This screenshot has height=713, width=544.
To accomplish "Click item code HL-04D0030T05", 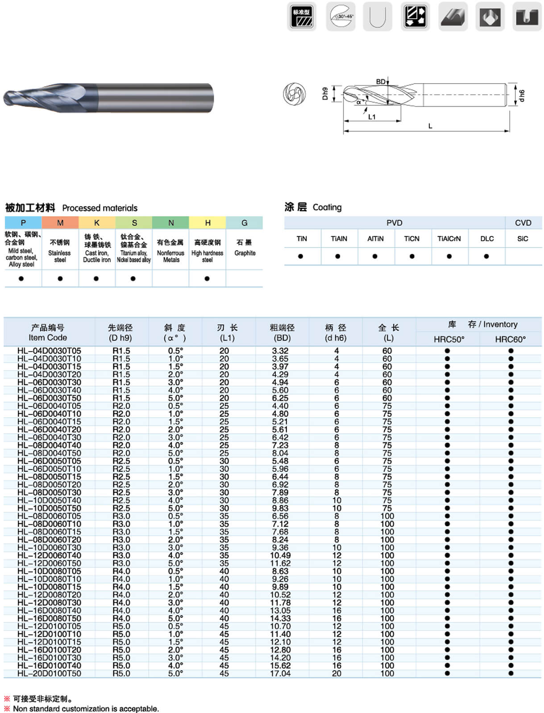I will pyautogui.click(x=49, y=351).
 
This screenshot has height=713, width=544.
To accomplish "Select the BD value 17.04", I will pyautogui.click(x=280, y=673).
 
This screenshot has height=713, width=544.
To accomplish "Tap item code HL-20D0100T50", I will pyautogui.click(x=49, y=673).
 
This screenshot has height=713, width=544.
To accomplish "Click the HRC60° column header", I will pyautogui.click(x=510, y=340).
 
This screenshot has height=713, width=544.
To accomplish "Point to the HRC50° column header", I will pyautogui.click(x=448, y=340).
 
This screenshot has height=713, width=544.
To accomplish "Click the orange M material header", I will pyautogui.click(x=60, y=223).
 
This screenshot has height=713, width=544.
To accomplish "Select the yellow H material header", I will pyautogui.click(x=208, y=223).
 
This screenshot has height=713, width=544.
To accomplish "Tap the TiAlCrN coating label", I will pyautogui.click(x=449, y=239).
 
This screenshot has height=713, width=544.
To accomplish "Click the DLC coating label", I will pyautogui.click(x=487, y=239).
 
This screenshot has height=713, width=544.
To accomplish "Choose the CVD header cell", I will pyautogui.click(x=523, y=223).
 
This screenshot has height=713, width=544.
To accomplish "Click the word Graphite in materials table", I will pyautogui.click(x=245, y=253).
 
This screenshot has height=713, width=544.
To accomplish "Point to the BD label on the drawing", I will pyautogui.click(x=381, y=82).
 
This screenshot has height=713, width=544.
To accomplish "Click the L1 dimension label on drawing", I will pyautogui.click(x=372, y=117).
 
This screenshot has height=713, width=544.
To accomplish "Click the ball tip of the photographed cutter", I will pyautogui.click(x=8, y=98).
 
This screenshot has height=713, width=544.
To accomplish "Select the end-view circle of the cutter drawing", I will pyautogui.click(x=295, y=94).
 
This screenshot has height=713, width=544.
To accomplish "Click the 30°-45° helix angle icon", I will pyautogui.click(x=341, y=17).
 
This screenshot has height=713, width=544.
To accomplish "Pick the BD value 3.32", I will pyautogui.click(x=280, y=351).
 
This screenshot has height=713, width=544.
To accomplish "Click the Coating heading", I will pyautogui.click(x=327, y=207).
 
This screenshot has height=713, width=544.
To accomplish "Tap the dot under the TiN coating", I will pyautogui.click(x=300, y=256).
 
